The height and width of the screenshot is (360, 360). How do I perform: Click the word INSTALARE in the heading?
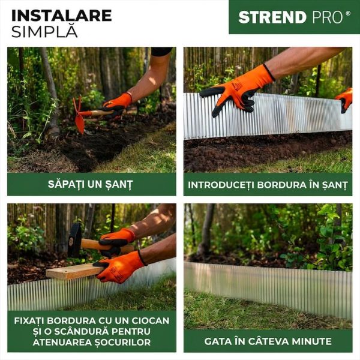61,15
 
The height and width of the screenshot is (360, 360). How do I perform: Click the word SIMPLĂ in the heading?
44,31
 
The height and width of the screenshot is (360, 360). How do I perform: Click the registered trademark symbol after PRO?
348,13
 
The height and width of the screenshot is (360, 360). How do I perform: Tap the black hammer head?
75,239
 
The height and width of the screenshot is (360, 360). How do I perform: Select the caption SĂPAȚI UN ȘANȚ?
91,184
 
